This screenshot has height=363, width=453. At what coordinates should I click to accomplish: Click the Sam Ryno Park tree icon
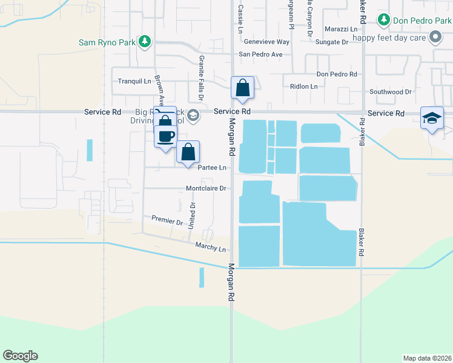click(144, 42)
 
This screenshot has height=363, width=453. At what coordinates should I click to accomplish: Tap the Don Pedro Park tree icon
click(383, 21)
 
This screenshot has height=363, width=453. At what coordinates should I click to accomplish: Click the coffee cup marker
click(165, 136)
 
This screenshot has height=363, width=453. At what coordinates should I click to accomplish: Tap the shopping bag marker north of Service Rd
click(242, 88)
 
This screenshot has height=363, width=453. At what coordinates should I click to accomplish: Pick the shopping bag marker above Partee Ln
click(188, 152)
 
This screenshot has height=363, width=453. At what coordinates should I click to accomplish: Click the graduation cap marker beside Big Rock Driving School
click(193, 115)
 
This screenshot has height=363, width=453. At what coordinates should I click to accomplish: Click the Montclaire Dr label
click(206, 188)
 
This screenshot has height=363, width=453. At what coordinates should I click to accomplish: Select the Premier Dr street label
click(167, 221)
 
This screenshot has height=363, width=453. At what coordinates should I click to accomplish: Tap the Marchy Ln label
click(210, 247)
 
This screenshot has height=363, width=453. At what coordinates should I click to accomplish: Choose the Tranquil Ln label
click(134, 81)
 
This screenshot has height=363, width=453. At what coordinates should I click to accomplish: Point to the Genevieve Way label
click(266, 42)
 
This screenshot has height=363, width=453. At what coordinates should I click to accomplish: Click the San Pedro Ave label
click(260, 54)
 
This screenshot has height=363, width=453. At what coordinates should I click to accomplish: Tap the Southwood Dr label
click(391, 92)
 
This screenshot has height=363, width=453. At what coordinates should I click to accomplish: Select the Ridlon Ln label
click(303, 87)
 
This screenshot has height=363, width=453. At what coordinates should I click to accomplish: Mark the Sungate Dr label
click(332, 42)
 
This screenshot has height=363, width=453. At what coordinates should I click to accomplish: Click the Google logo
click(20, 356)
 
